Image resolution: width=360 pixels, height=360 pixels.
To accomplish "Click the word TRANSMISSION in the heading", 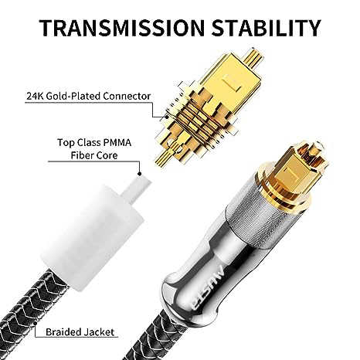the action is [121, 27].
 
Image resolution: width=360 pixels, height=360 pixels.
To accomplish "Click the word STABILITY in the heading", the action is [267, 27].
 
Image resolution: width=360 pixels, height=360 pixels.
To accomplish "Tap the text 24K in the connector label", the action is [35, 97].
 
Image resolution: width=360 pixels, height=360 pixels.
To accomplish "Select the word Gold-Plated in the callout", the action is [73, 97].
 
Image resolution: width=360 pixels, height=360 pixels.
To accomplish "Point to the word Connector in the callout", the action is [127, 97].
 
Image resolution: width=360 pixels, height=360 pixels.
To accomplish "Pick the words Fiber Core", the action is [94, 155].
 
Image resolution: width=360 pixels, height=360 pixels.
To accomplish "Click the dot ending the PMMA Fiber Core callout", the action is [140, 174].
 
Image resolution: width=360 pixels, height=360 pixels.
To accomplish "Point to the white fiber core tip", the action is [136, 189].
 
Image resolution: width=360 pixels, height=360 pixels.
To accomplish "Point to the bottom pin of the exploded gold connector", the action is [163, 157].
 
